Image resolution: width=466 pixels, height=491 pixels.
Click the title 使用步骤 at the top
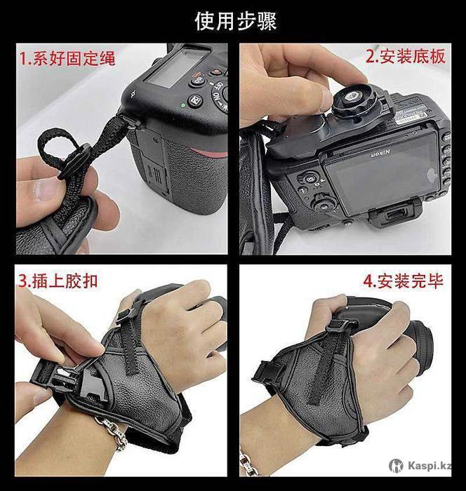[x=236, y=21]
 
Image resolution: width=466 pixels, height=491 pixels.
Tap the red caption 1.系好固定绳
[x=67, y=58]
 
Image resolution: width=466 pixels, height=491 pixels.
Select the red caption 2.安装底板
[x=406, y=56]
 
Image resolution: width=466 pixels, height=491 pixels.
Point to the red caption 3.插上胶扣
[x=58, y=281]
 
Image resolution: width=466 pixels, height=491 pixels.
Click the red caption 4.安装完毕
[x=404, y=281]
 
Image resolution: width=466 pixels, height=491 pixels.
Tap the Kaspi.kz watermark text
[x=430, y=466]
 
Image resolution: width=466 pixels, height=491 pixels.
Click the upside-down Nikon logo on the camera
[x=380, y=154]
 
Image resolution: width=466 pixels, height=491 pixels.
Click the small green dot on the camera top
[x=183, y=105]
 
